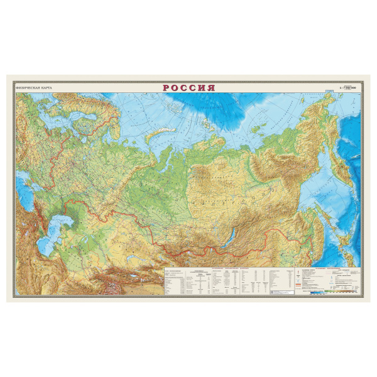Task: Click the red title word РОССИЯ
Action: pyautogui.click(x=188, y=88)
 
